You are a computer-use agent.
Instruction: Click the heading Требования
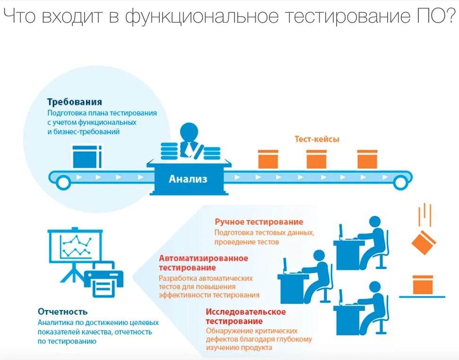(x=74, y=102)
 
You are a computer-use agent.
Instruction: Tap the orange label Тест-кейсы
(x=317, y=139)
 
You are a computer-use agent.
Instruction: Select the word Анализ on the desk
(x=188, y=179)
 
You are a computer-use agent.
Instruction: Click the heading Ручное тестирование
(x=259, y=222)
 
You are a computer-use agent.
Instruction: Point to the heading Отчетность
(x=62, y=312)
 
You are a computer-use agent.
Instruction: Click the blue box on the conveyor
(x=87, y=157)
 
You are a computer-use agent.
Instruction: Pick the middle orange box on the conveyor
(x=316, y=159)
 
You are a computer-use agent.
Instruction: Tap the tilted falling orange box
(x=423, y=243)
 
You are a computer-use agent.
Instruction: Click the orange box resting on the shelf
(x=423, y=285)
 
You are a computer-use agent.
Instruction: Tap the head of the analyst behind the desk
(x=189, y=132)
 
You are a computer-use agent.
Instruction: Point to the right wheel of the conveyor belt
(x=400, y=180)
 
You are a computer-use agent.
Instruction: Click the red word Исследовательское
(x=246, y=312)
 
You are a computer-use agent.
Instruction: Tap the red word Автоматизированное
(x=203, y=258)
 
